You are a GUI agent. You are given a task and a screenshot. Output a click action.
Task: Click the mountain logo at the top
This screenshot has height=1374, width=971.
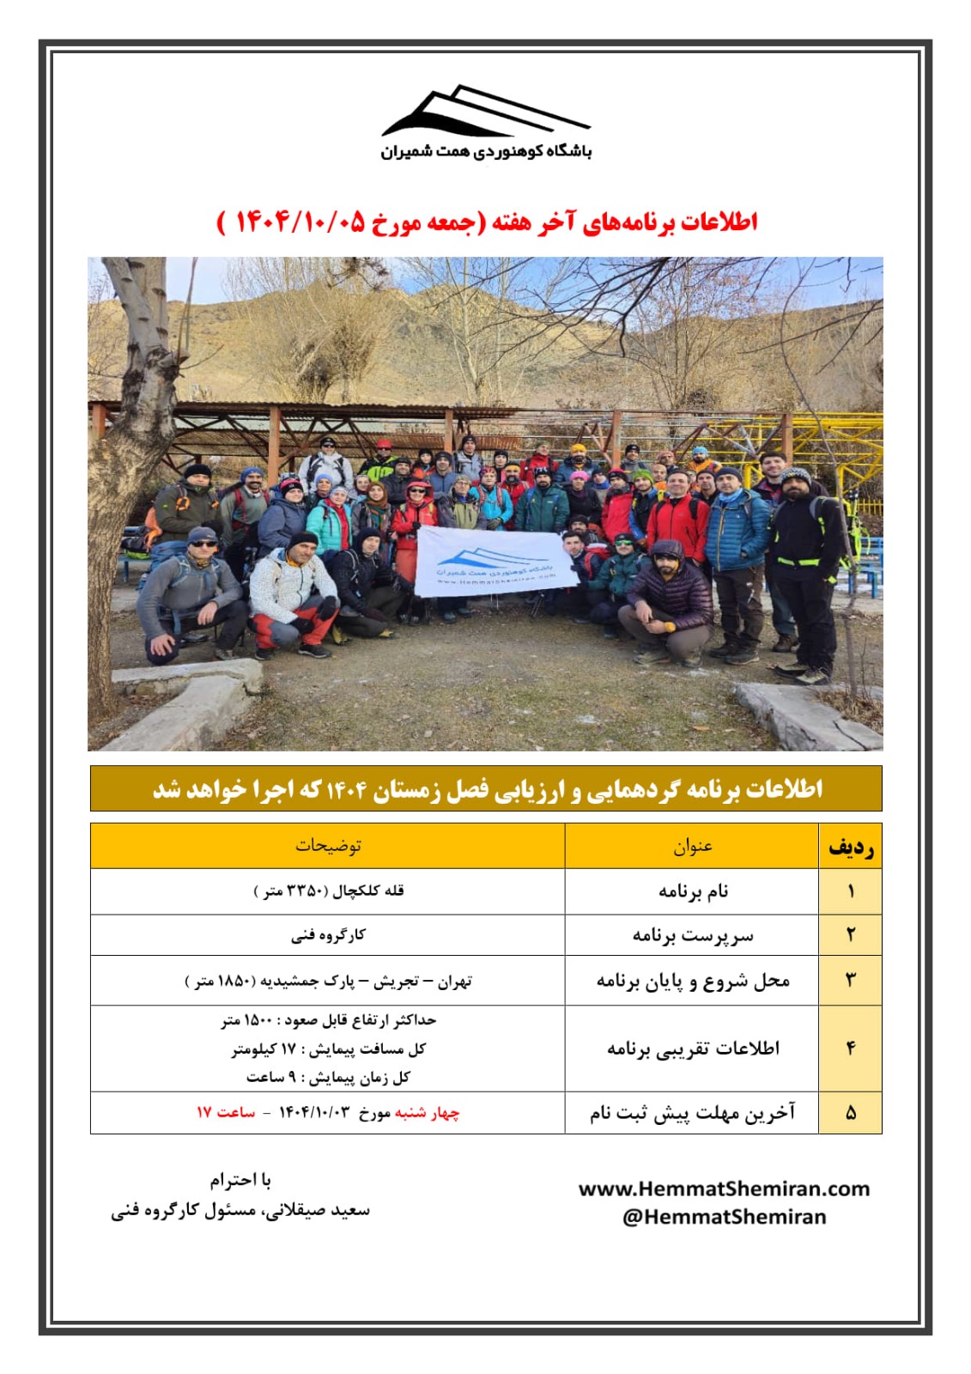pos(486,112)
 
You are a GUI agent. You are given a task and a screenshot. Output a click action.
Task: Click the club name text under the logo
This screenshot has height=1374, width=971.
pos(486,152)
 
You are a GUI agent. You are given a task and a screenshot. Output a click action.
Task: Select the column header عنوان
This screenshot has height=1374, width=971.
pos(692,846)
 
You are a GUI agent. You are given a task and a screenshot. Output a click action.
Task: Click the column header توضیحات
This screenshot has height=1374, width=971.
pos(328,846)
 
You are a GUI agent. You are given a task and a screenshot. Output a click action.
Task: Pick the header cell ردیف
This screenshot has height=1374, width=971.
pos(850,848)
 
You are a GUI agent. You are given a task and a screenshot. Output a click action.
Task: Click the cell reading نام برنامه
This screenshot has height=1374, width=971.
pos(692,891)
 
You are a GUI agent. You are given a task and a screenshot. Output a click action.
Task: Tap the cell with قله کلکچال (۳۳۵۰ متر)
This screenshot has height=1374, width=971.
pos(328,891)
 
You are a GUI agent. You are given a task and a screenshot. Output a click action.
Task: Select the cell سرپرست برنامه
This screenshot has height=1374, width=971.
pos(692,935)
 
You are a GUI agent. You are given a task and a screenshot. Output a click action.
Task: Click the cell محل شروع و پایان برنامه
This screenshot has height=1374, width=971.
pos(692,981)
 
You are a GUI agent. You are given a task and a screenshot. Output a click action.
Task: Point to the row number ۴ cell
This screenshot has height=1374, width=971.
pos(850,1049)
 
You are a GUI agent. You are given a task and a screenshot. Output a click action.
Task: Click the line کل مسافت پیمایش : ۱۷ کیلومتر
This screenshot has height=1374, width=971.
pos(328,1049)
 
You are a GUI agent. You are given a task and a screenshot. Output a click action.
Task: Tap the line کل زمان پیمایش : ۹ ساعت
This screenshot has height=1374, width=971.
pos(328,1077)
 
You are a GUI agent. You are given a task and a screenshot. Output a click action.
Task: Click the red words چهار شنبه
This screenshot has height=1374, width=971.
pos(427,1113)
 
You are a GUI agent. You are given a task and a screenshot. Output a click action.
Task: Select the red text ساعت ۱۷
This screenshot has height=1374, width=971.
pos(226,1113)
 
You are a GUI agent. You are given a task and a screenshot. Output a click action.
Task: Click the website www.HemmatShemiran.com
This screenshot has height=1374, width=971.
pos(724,1189)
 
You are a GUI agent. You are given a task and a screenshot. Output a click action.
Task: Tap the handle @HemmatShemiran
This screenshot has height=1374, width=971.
pos(724,1217)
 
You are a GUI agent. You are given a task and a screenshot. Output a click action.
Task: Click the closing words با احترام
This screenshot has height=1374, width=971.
pos(240,1181)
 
